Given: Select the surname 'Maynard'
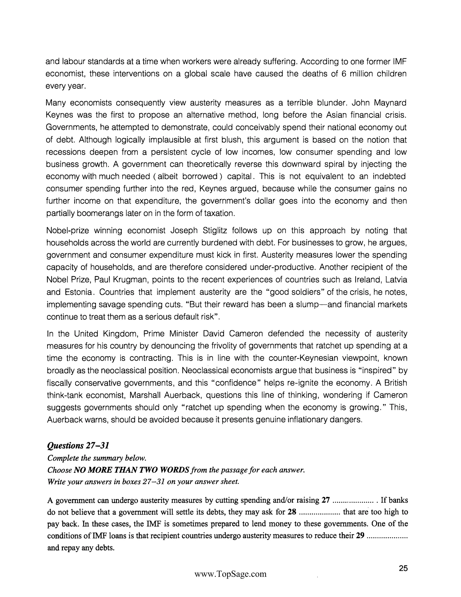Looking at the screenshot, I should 390,103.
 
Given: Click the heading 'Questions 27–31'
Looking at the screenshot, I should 78,446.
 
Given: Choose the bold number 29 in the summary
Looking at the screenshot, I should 360,536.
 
